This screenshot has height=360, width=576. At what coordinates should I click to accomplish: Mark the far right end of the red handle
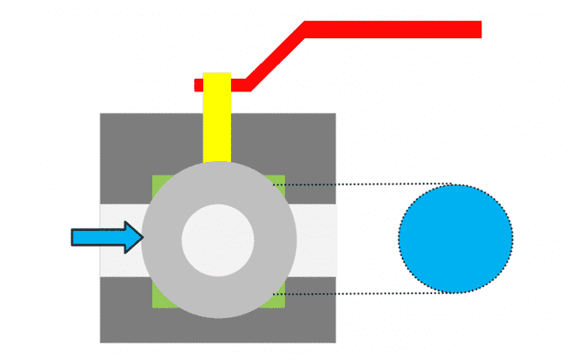[478, 29]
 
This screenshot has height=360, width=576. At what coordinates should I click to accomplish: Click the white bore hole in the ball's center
[218, 239]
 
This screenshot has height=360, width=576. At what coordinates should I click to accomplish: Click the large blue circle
[455, 238]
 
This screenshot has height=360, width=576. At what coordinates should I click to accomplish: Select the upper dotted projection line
[360, 184]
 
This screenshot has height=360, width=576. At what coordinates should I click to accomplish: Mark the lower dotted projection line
[360, 293]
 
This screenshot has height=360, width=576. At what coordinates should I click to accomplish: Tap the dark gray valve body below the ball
[217, 330]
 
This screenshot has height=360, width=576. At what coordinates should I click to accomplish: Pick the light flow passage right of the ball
[315, 238]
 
